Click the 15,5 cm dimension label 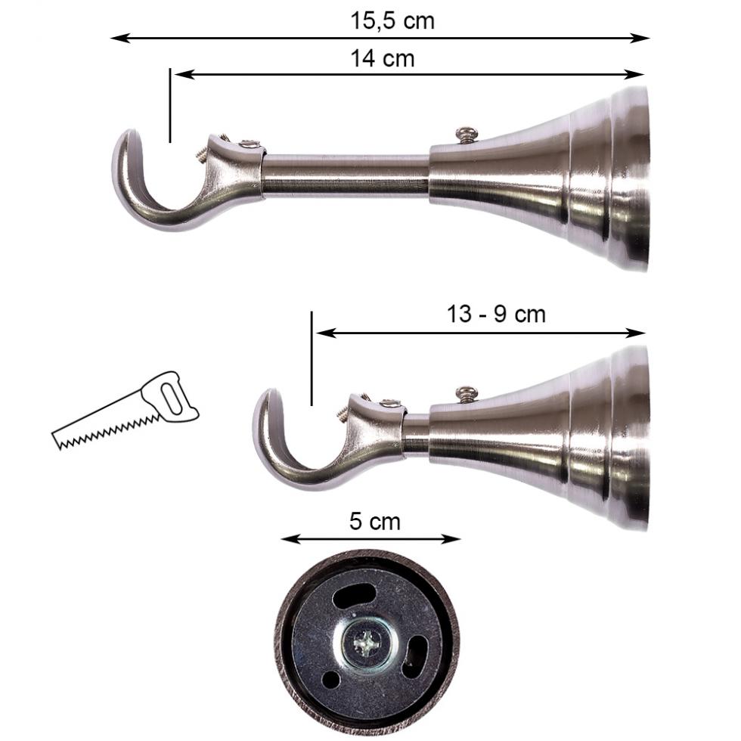click(x=392, y=20)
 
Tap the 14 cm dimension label click(x=382, y=57)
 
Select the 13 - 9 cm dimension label click(x=495, y=314)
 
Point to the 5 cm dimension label click(x=375, y=521)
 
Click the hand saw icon click(x=126, y=411)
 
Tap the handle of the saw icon click(x=172, y=396)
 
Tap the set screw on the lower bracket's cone click(x=467, y=393)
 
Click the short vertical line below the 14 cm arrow click(x=171, y=106)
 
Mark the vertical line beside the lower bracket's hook click(x=312, y=357)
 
